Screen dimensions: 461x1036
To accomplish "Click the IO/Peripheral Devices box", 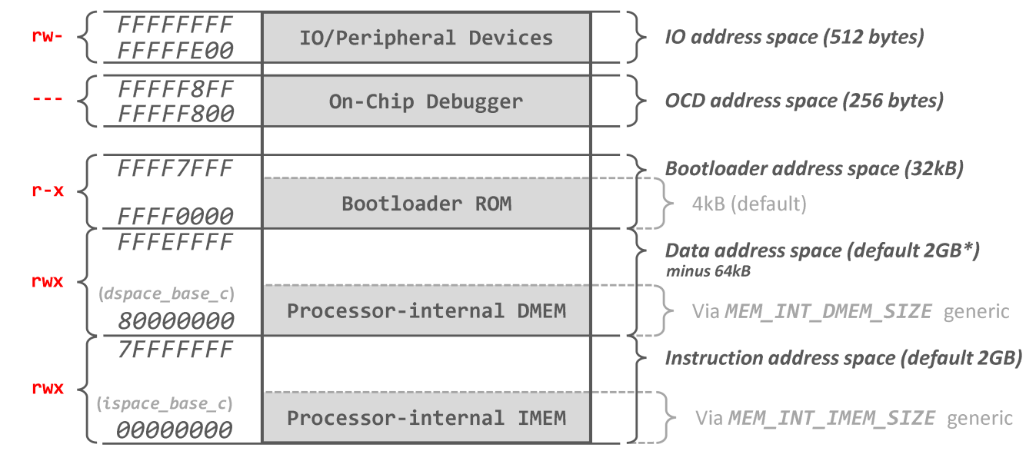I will [x=426, y=38].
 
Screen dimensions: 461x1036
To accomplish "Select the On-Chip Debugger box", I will [x=426, y=101].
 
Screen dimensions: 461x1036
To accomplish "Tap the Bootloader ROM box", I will [x=426, y=204].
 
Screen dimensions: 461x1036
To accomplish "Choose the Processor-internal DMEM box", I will [x=426, y=310].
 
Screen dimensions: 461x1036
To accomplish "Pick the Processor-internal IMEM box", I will [x=426, y=418].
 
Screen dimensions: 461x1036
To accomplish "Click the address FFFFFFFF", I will [x=175, y=25].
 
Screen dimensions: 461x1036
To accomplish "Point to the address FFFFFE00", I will [x=175, y=51].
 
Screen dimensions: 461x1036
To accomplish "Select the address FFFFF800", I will [x=175, y=114].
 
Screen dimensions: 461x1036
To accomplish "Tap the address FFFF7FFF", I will [x=175, y=167].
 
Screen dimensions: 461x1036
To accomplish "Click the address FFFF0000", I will [x=175, y=217].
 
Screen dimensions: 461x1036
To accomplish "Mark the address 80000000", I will [x=175, y=321].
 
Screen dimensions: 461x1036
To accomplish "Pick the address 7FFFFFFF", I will [x=175, y=350].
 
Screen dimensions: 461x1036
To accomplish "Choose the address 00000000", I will [x=175, y=430].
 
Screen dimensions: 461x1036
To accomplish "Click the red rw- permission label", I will [x=48, y=37].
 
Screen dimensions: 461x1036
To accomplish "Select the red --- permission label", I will [x=48, y=100].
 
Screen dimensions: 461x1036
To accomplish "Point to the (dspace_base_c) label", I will [x=167, y=295].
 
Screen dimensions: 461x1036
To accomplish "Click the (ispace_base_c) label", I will [x=165, y=403].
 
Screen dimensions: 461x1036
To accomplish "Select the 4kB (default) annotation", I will [x=749, y=204].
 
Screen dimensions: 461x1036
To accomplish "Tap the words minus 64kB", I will [x=708, y=271].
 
